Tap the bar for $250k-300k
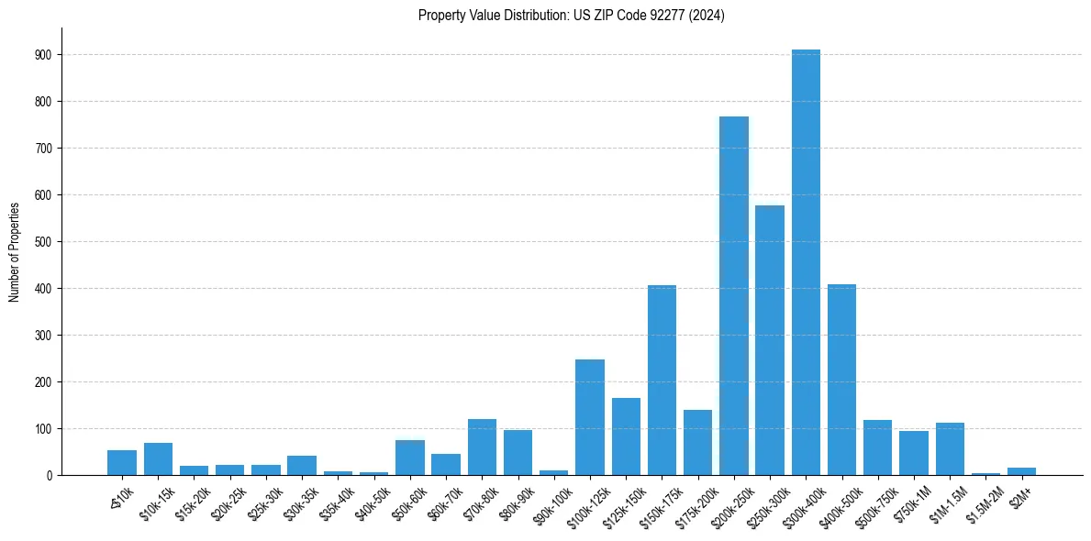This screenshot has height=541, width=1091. (770, 340)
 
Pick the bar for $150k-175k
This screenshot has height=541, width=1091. (662, 380)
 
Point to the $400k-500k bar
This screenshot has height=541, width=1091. (841, 380)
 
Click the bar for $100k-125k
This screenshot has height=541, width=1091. (590, 417)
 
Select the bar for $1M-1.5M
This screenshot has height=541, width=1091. (950, 448)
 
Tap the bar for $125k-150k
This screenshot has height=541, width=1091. (626, 436)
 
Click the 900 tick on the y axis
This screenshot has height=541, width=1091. (43, 55)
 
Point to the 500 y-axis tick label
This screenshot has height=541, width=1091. (43, 242)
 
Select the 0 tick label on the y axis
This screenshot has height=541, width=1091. (49, 476)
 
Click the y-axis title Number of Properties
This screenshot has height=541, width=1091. (14, 251)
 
